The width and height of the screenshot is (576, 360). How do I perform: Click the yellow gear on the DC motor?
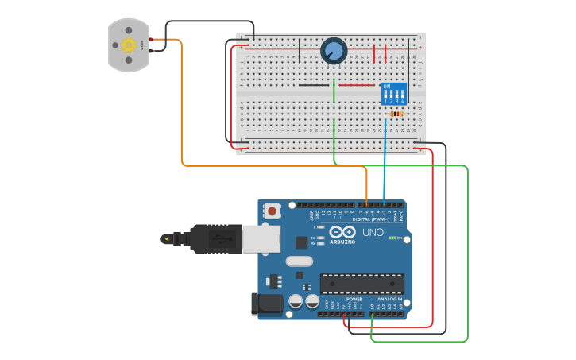click(x=129, y=45)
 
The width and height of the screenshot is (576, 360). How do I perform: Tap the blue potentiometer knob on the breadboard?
click(x=334, y=52)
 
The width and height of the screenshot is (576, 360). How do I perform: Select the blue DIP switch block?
click(x=394, y=93)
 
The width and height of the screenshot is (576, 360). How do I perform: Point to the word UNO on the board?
click(x=373, y=233)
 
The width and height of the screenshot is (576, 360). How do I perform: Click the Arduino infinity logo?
click(x=343, y=233)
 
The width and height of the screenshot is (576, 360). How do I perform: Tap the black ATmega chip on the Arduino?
click(x=361, y=283)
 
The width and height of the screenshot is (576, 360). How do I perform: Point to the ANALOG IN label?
click(x=389, y=299)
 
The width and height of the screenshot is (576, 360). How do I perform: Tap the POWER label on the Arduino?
click(x=342, y=299)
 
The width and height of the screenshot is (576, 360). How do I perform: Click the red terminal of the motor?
click(x=151, y=40)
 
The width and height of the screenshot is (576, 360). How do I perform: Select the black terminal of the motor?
click(x=151, y=49)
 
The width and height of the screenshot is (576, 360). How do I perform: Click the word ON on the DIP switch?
click(x=387, y=86)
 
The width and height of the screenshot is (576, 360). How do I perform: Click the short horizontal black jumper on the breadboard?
click(x=314, y=85)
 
